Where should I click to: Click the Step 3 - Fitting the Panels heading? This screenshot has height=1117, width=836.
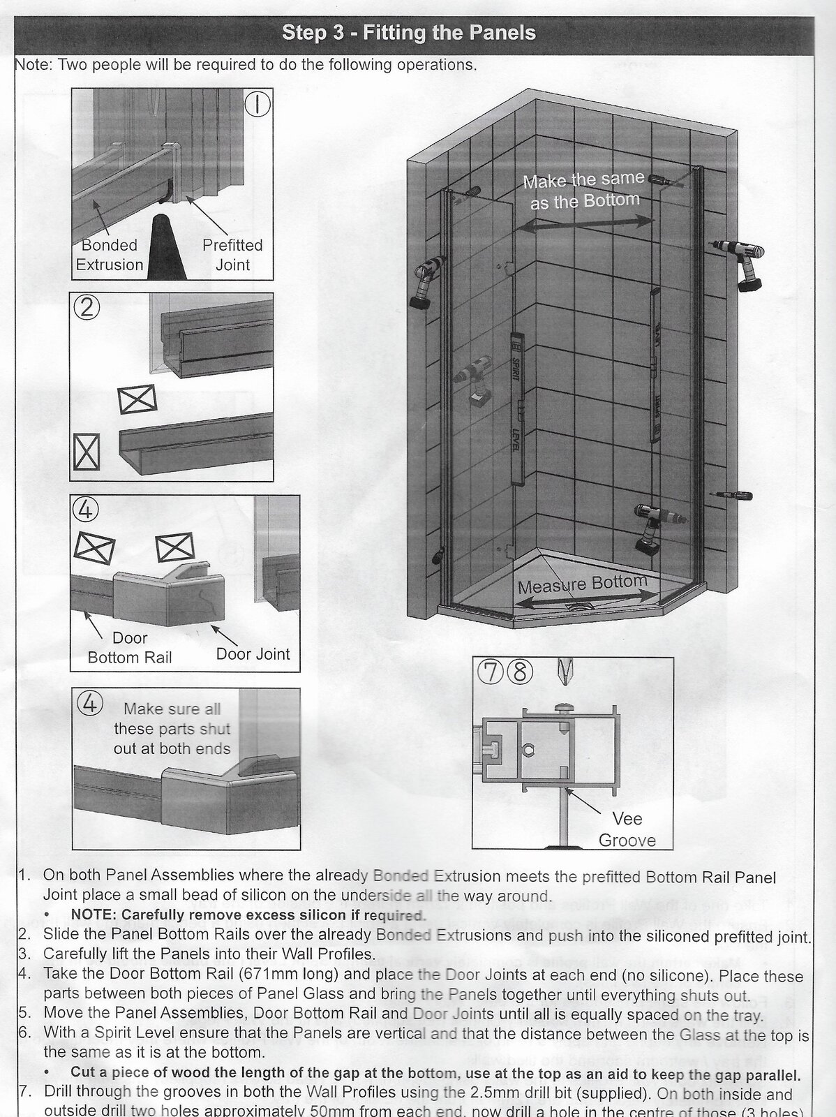(x=409, y=33)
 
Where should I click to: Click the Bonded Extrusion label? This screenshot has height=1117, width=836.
(x=110, y=255)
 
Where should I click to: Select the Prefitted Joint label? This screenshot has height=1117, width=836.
(x=232, y=255)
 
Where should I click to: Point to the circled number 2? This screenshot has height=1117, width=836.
(x=87, y=308)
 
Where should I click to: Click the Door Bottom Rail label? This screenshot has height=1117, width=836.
(x=130, y=647)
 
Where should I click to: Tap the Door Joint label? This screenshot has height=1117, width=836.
(x=253, y=654)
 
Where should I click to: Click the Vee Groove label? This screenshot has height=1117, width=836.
(x=627, y=829)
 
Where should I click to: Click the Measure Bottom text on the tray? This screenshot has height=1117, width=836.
(x=582, y=583)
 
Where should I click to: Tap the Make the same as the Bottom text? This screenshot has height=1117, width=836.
(x=584, y=190)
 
